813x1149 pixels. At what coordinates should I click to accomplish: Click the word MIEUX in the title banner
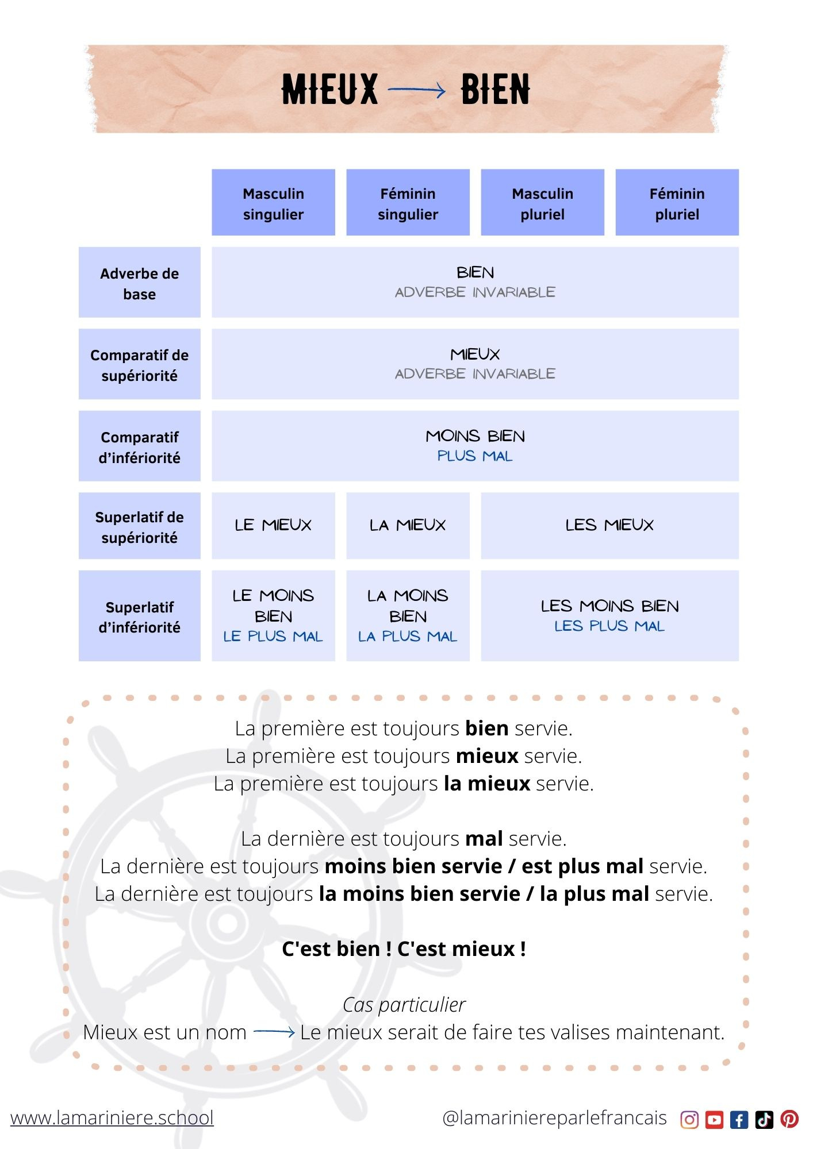coord(329,90)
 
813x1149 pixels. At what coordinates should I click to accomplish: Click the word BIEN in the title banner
coord(495,90)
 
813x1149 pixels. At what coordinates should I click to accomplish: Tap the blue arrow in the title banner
coord(417,90)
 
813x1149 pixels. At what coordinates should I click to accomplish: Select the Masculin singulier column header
coord(273,203)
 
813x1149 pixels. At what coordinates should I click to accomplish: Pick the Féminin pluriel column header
coord(677,203)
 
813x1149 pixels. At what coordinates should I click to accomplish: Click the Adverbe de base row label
coord(139,283)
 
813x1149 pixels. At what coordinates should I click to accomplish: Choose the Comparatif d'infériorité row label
coord(139,446)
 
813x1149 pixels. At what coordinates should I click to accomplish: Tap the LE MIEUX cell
coord(273,525)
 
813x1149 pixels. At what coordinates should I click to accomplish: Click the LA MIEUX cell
coord(408,525)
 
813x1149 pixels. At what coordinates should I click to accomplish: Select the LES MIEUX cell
coord(609,525)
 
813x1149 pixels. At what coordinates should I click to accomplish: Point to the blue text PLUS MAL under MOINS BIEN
coord(474,456)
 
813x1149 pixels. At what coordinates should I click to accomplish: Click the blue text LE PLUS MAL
coord(273,637)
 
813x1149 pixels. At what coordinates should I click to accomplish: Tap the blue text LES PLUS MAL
coord(609,626)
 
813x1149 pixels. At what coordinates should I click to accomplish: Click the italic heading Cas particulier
coord(404,1005)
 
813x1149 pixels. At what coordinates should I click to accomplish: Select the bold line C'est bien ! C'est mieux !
coord(404,948)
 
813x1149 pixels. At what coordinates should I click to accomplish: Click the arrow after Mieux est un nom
coord(274,1032)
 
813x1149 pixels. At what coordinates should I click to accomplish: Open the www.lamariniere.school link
coord(112,1117)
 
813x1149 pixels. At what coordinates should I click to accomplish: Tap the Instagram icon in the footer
coord(689,1119)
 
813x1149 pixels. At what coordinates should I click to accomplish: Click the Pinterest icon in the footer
coord(789,1119)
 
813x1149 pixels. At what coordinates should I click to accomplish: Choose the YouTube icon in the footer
coord(714,1119)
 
